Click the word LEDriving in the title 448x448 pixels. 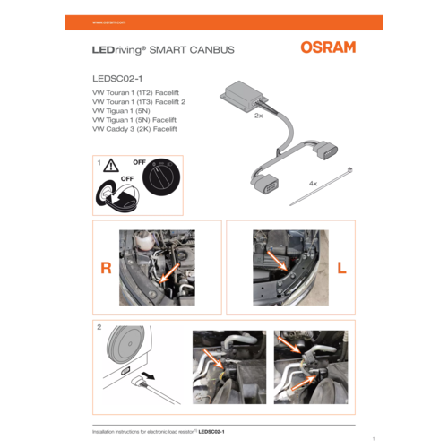click(x=119, y=50)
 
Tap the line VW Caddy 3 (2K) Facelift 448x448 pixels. click(x=134, y=130)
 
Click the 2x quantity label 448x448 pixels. click(x=259, y=116)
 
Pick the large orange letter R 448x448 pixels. click(x=105, y=268)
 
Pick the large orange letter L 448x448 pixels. click(x=341, y=268)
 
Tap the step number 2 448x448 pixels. click(x=98, y=328)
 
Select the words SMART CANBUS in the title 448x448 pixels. click(x=192, y=50)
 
